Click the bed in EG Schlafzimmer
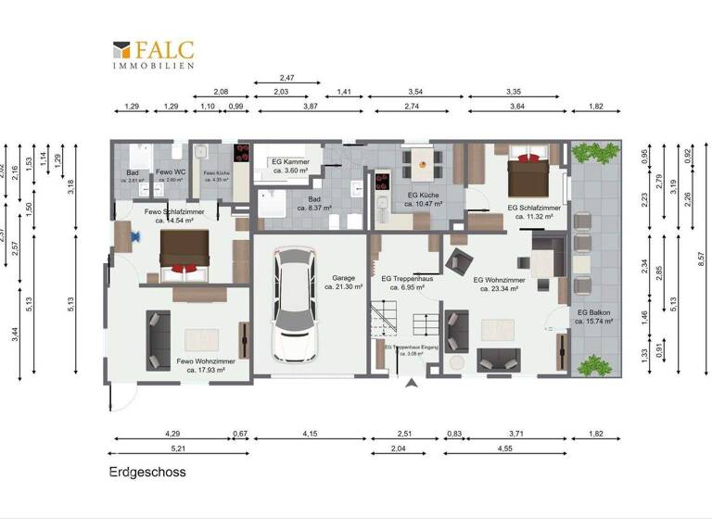pyautogui.click(x=528, y=173)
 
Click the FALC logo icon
pyautogui.click(x=121, y=52)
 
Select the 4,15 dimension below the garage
pyautogui.click(x=310, y=434)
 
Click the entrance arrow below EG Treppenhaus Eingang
pyautogui.click(x=410, y=383)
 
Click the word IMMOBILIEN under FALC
pyautogui.click(x=153, y=66)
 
